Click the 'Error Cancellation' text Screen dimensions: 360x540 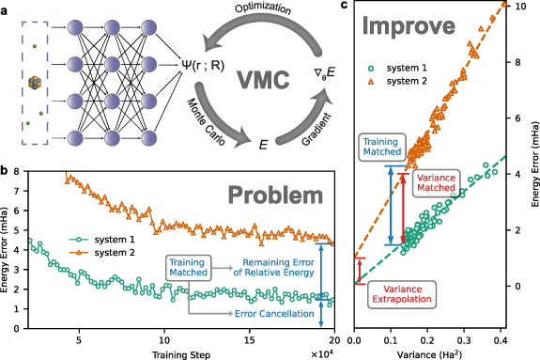(x=275, y=313)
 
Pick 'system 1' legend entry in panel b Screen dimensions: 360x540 (x=83, y=240)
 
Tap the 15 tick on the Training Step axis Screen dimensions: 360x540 (x=250, y=340)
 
